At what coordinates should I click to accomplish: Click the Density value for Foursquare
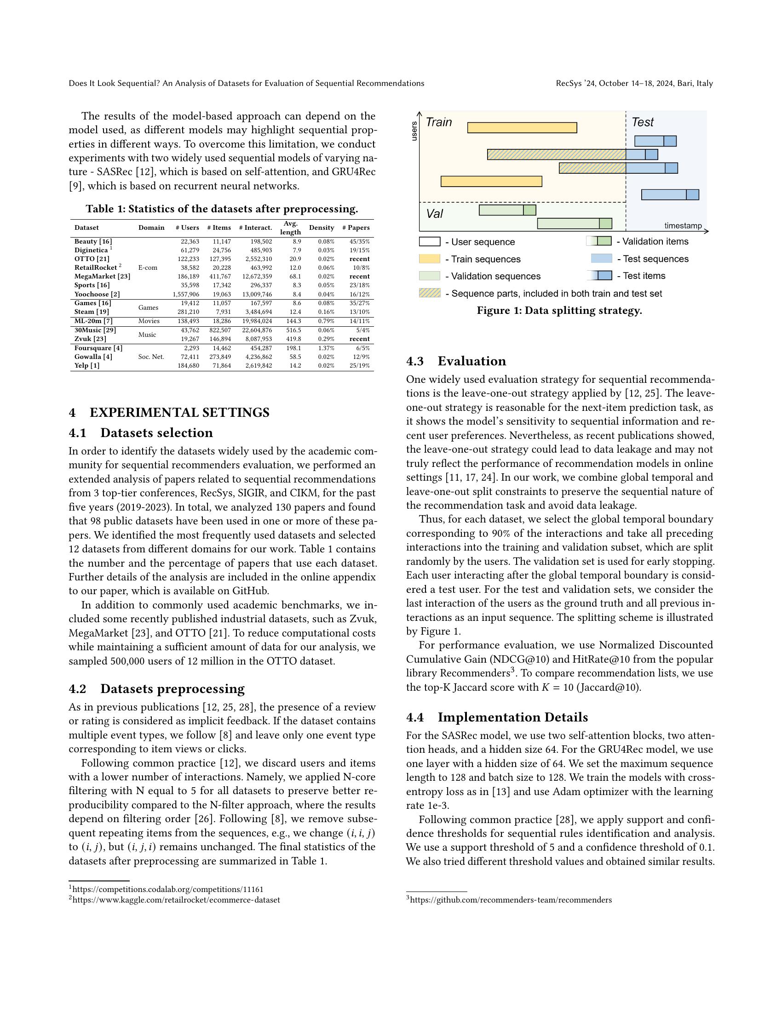pos(326,348)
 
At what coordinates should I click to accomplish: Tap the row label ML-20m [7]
pos(93,321)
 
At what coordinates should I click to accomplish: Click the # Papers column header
pos(356,228)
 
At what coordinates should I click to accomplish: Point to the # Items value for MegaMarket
pos(218,277)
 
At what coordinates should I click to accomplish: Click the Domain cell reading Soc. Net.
pos(151,357)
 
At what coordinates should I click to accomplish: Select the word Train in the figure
pos(438,122)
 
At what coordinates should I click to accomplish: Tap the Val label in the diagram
pos(434,214)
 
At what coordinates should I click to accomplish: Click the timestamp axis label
pos(683,226)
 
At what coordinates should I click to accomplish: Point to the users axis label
pos(414,131)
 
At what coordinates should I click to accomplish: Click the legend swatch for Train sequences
pos(429,259)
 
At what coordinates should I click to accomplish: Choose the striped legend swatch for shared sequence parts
pos(429,293)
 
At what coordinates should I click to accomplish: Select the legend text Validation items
pos(655,242)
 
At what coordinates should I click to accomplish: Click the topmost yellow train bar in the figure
pos(522,128)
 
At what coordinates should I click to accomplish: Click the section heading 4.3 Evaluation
pos(456,361)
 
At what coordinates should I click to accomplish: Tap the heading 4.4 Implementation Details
pos(497,717)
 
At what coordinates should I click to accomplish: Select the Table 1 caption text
pos(222,209)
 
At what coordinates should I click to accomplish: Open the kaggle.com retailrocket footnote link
pos(176,900)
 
